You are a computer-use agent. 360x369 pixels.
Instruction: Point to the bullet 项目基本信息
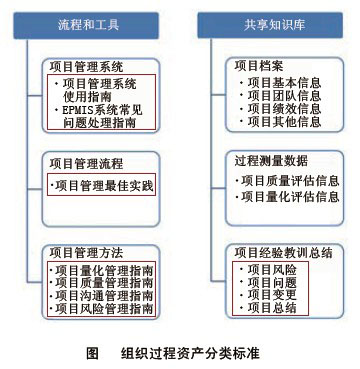coord(281,81)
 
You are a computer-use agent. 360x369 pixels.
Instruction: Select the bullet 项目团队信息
coord(281,95)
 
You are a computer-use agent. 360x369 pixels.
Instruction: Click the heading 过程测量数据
coord(273,160)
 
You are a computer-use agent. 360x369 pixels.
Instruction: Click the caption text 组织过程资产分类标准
coord(190,353)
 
